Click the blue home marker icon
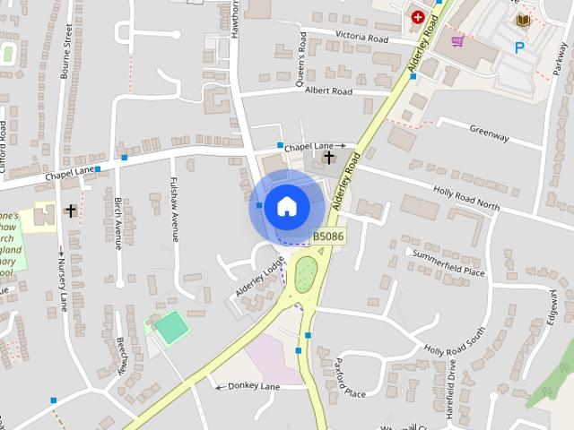[286, 206]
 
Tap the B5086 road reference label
[328, 236]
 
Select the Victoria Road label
[361, 39]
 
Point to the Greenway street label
[489, 133]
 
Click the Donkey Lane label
[255, 386]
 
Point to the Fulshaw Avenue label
[174, 208]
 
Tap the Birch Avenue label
[117, 223]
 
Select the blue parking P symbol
[519, 47]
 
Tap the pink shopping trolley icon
[457, 41]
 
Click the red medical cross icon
[417, 15]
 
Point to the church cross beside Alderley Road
[328, 159]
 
